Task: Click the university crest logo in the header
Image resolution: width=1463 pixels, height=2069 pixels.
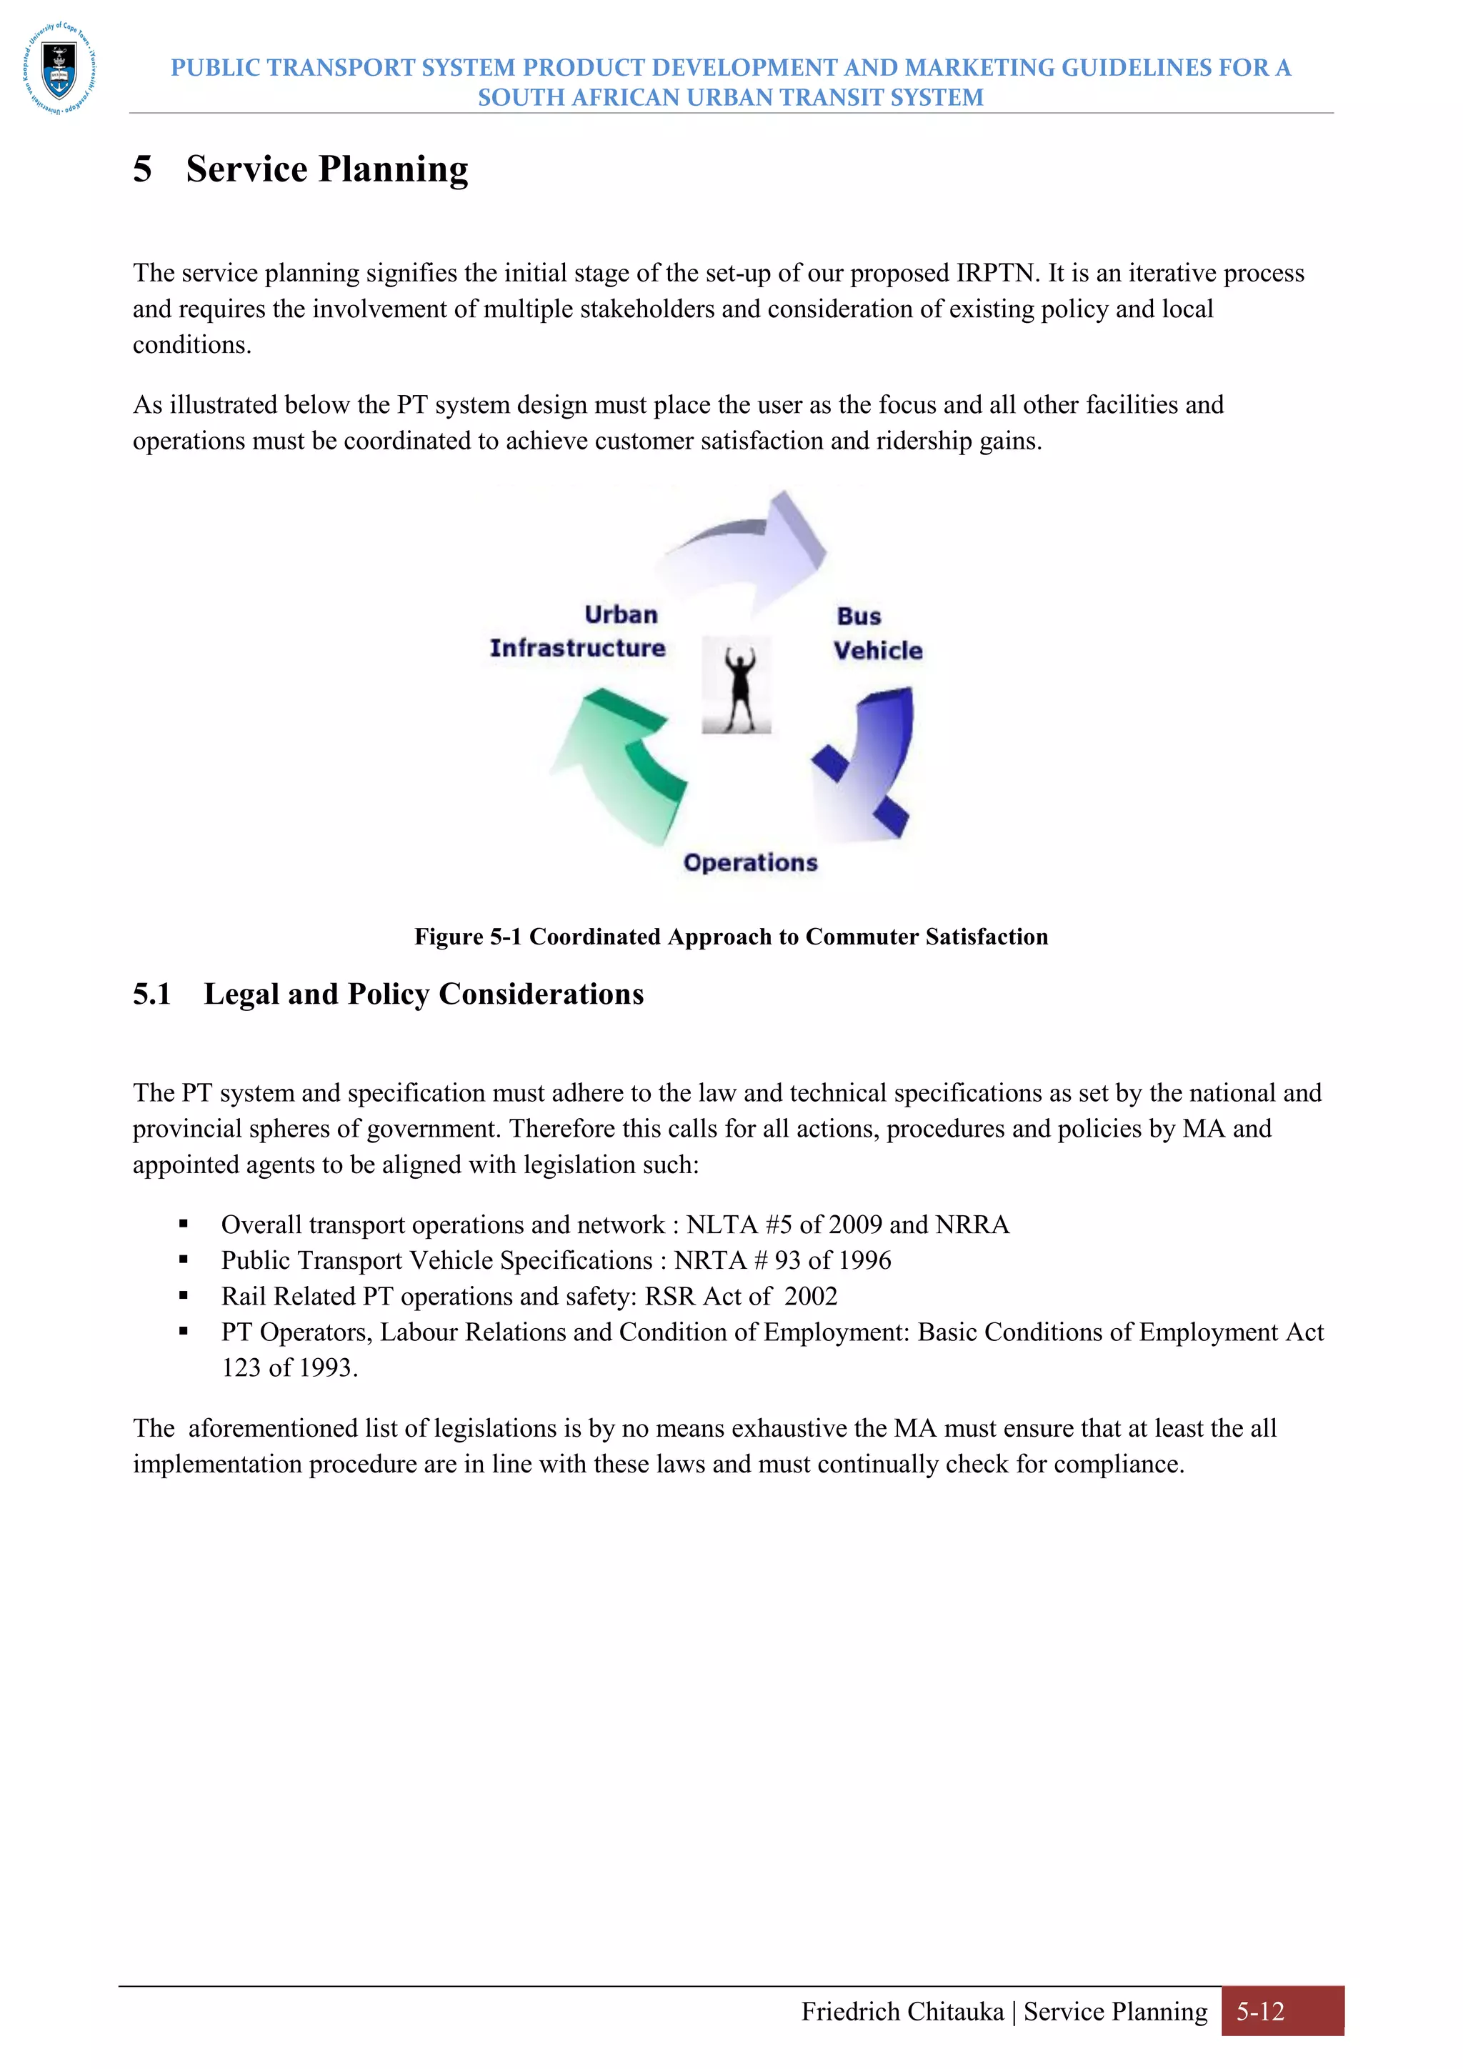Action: coord(59,69)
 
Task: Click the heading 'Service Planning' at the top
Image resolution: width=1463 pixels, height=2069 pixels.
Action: coord(327,169)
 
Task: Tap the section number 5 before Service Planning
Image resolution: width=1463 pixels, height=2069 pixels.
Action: coord(142,169)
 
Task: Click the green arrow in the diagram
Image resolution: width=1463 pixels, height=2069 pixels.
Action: coord(621,762)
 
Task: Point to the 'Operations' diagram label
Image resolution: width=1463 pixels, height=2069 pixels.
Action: coord(750,862)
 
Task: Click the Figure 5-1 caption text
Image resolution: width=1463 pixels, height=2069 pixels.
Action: coord(731,937)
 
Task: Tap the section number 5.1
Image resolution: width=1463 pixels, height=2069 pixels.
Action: coord(151,994)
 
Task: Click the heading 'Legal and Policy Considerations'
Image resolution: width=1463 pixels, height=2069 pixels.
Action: coord(424,994)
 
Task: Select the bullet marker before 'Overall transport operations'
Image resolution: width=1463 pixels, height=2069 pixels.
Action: coord(184,1224)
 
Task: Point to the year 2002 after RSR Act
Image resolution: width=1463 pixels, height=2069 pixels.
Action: coord(811,1297)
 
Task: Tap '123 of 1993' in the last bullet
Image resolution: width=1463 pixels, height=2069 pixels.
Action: coord(289,1368)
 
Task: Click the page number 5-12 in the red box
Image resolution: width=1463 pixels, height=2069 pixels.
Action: coord(1259,2011)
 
